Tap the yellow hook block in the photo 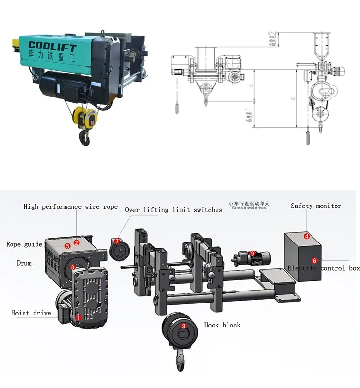tap(87, 117)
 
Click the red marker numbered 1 tap(79, 317)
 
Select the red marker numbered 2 tap(76, 243)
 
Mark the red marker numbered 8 tap(72, 267)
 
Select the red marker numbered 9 tap(252, 253)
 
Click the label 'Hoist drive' tap(31, 313)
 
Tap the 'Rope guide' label tap(24, 244)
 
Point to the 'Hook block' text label tap(222, 325)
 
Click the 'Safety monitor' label tap(316, 206)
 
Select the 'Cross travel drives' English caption tap(249, 208)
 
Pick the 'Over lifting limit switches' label tap(173, 210)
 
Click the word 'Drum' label tap(24, 264)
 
